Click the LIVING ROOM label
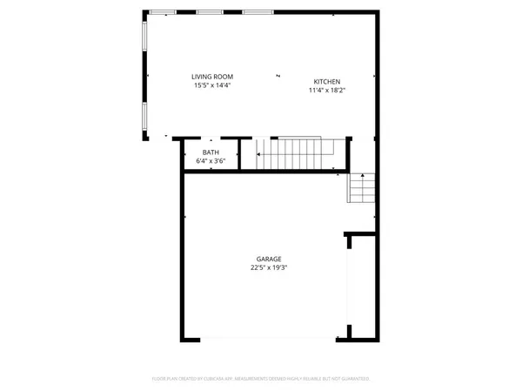coord(212,77)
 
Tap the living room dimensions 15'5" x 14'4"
coord(212,85)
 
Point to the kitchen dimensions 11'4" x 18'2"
coord(326,90)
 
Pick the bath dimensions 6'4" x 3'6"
coord(211,161)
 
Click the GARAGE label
coord(268,260)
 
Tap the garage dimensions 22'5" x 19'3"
coord(268,268)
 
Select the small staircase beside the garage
coord(362,187)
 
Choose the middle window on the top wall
coord(208,12)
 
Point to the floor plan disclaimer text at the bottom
coord(261,379)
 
